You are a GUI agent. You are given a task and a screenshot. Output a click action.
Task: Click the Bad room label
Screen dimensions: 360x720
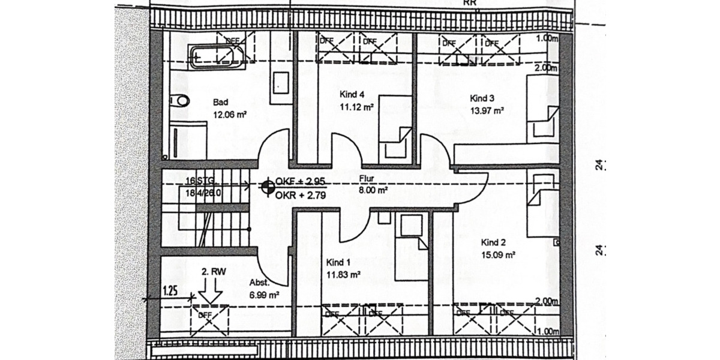click(220, 102)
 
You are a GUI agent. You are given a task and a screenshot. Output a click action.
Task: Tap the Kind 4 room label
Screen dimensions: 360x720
click(352, 94)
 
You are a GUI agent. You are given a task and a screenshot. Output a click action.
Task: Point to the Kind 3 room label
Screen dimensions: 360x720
click(482, 98)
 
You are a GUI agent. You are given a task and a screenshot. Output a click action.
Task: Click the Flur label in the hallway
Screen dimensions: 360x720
click(367, 179)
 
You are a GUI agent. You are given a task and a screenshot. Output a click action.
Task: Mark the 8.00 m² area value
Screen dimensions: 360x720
click(373, 190)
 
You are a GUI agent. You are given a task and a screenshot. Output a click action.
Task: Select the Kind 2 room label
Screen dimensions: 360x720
click(494, 243)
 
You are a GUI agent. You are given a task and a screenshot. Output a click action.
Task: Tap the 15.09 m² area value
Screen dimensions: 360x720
click(499, 254)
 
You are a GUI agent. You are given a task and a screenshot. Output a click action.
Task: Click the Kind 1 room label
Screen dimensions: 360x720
click(338, 263)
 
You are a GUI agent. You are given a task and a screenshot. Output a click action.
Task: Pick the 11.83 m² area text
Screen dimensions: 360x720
click(343, 274)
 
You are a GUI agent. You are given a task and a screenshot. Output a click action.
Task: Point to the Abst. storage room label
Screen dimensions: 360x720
click(259, 283)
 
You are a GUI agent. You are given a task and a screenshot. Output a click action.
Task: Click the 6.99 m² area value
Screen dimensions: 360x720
click(265, 295)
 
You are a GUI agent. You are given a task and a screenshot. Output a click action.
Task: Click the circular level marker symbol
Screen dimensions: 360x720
click(266, 187)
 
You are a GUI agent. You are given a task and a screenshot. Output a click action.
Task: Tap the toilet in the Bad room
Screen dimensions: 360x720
click(178, 101)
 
